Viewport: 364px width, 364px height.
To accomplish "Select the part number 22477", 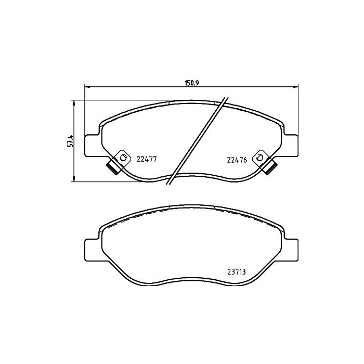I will click(147, 160).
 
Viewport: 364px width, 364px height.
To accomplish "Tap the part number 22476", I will click(237, 160).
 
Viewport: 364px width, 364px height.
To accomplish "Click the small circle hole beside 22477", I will click(123, 157).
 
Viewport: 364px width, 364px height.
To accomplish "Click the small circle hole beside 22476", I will click(259, 157).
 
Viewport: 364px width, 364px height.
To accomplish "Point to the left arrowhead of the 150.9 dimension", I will click(87, 86).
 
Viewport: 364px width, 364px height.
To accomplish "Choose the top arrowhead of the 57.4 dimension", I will click(74, 102).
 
